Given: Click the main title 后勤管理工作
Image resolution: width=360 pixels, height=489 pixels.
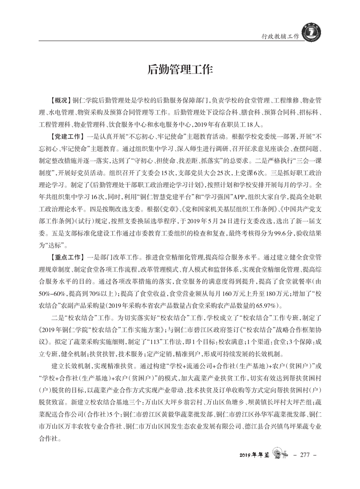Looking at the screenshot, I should point(180,70).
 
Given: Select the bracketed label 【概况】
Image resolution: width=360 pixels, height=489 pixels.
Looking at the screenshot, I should point(59,99).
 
